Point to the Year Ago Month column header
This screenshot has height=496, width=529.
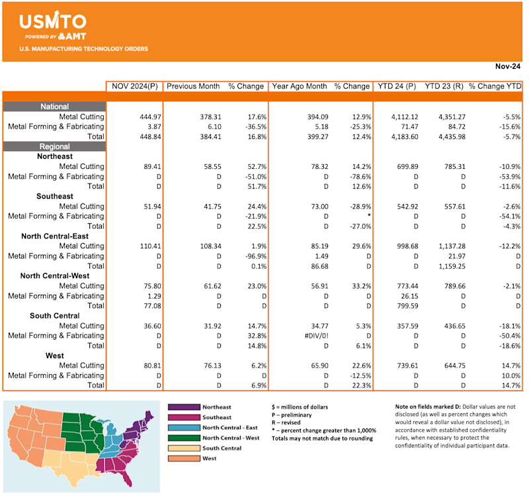click(300, 86)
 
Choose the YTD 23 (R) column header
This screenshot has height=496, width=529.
click(444, 86)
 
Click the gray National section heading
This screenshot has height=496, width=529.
click(54, 107)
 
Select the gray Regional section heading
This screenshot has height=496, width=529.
click(54, 146)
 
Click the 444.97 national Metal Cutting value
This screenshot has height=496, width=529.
click(145, 117)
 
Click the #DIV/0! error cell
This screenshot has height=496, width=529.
click(311, 335)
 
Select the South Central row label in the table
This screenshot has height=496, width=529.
click(58, 315)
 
